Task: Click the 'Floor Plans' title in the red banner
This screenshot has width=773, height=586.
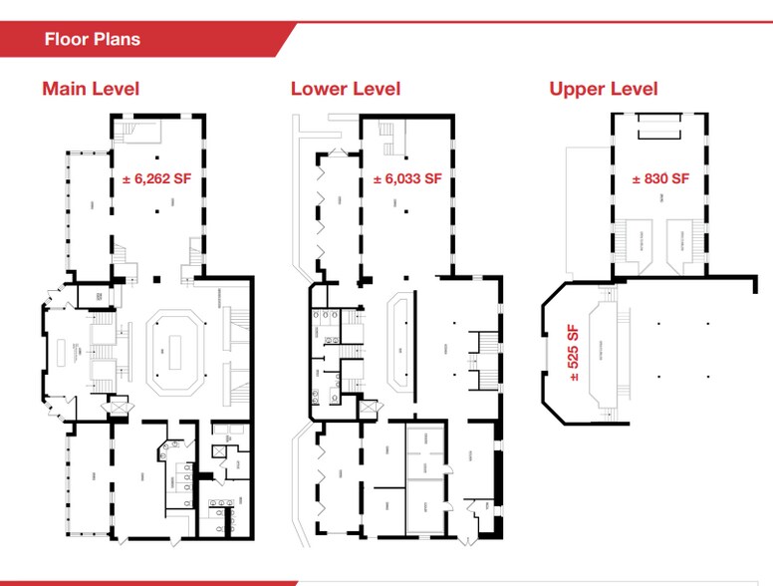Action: (x=92, y=40)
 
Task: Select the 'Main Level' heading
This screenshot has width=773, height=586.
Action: (x=91, y=89)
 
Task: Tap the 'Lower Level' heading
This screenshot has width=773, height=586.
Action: (x=345, y=89)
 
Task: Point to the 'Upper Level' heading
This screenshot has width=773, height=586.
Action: (x=603, y=89)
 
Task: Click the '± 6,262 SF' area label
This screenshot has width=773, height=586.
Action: (x=156, y=180)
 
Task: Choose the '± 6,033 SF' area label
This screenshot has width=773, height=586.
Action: (x=406, y=180)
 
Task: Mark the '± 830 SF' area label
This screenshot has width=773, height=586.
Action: (x=660, y=180)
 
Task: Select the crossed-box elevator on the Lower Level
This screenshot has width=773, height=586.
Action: (x=369, y=408)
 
